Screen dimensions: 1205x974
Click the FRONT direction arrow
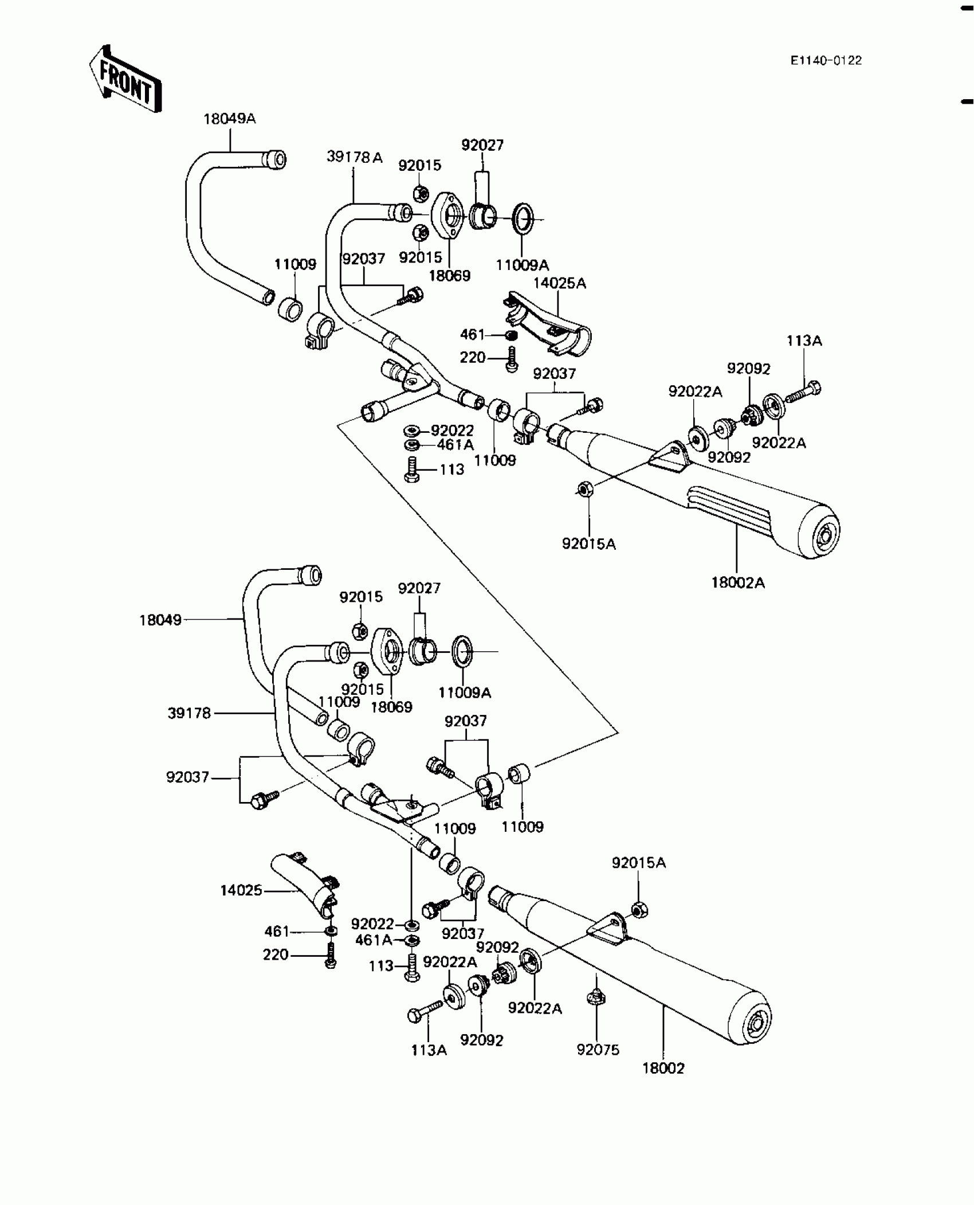tap(125, 80)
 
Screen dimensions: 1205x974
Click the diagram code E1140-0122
tap(826, 61)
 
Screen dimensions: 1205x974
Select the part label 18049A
tap(229, 119)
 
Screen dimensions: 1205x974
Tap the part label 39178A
tap(354, 157)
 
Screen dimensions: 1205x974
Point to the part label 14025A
tap(559, 283)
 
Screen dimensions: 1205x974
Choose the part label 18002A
tap(738, 583)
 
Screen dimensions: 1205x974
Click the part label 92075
tap(598, 1050)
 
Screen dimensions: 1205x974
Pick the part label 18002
tap(663, 1069)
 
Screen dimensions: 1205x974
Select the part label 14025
tap(241, 890)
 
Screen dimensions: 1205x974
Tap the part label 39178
tap(189, 714)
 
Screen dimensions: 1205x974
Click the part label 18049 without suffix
tap(160, 620)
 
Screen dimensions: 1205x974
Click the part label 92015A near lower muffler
tap(638, 879)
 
